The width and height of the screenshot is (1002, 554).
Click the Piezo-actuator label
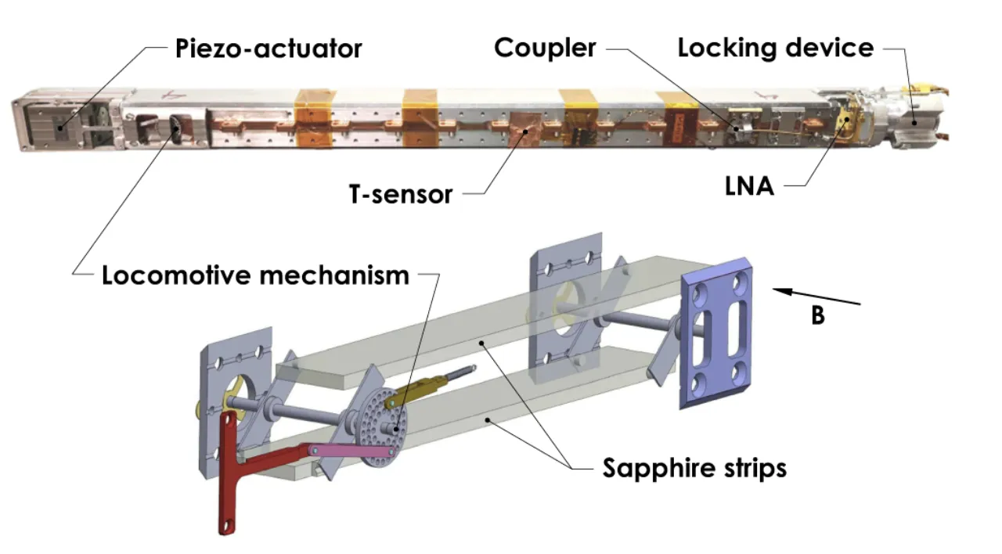269,49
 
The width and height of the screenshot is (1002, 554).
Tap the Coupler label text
545,48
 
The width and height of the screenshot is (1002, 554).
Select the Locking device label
776,48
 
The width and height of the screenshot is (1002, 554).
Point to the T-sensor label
401,195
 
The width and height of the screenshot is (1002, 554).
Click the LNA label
749,186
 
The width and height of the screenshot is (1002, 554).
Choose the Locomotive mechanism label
255,275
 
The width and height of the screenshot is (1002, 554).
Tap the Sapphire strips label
694,468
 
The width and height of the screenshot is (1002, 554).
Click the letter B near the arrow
818,315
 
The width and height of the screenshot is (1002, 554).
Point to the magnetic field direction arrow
816,297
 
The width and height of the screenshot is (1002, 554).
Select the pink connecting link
354,451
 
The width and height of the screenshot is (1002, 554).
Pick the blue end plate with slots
715,333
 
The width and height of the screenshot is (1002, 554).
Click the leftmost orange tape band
315,118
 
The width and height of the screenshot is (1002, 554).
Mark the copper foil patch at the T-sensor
525,130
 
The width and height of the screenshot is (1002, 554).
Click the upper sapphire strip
492,320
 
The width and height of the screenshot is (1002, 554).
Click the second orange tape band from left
420,118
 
